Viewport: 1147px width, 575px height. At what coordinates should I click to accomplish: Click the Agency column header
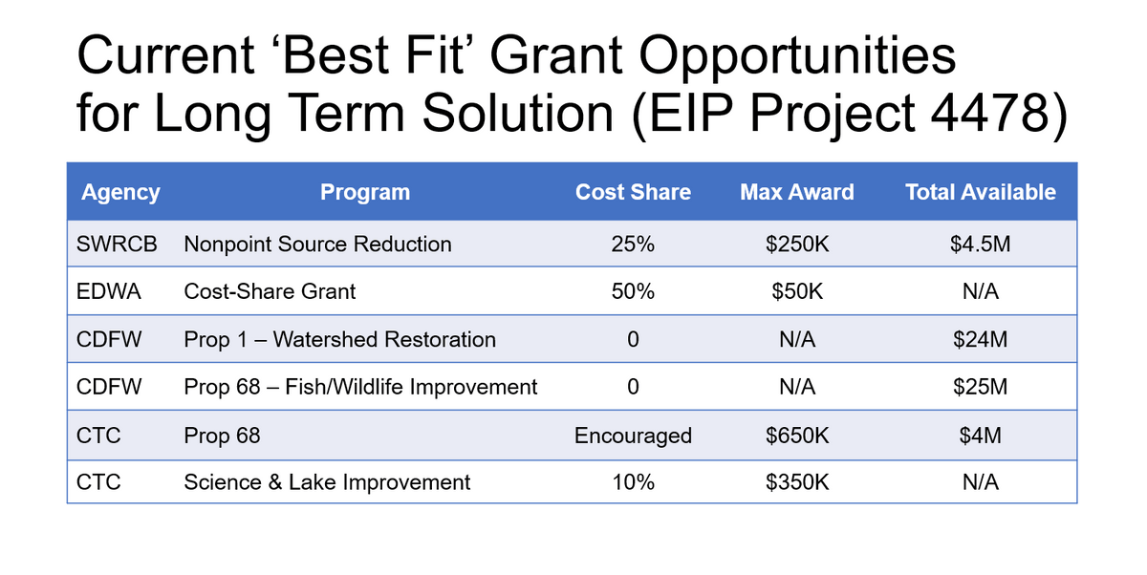coord(120,193)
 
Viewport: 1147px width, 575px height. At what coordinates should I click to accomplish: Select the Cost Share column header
coord(633,192)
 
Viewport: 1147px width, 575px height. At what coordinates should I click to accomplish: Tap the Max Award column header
coord(797,192)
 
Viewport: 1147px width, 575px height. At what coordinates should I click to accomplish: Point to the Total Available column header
coord(980,192)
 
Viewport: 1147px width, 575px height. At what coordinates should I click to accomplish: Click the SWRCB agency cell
coord(117,244)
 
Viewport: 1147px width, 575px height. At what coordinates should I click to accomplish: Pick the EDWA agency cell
coord(109,291)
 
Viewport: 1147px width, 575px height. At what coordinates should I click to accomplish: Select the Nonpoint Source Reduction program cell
coord(317,244)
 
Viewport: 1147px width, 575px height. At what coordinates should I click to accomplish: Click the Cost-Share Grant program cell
coord(270,291)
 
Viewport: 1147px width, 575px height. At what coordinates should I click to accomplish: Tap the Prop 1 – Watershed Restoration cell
coord(339,340)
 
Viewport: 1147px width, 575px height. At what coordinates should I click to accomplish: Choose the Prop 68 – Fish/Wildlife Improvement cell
coord(360,387)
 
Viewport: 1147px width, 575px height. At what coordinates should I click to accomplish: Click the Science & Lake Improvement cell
coord(327,482)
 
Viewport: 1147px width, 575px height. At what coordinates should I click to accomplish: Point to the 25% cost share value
coord(633,244)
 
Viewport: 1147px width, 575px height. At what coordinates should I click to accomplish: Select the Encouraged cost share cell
coord(633,437)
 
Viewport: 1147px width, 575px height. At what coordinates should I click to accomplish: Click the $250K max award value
coord(797,244)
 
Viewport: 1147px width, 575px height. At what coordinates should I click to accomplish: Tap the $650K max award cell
coord(797,436)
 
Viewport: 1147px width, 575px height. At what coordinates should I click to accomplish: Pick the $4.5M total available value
coord(980,244)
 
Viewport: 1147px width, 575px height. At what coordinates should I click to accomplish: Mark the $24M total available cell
coord(980,340)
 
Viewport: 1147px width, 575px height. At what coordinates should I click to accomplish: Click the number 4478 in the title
coord(989,113)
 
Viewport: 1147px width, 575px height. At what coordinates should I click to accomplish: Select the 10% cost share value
coord(633,482)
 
